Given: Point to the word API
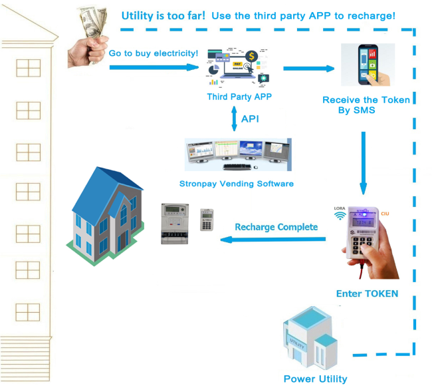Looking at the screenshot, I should [x=250, y=118].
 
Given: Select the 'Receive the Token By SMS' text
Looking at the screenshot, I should [x=366, y=105].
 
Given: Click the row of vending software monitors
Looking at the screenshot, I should [x=238, y=156].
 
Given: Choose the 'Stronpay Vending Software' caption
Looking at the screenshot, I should [x=237, y=183].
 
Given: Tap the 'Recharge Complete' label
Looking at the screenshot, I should [x=276, y=227].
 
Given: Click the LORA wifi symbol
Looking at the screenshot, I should [x=339, y=216].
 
